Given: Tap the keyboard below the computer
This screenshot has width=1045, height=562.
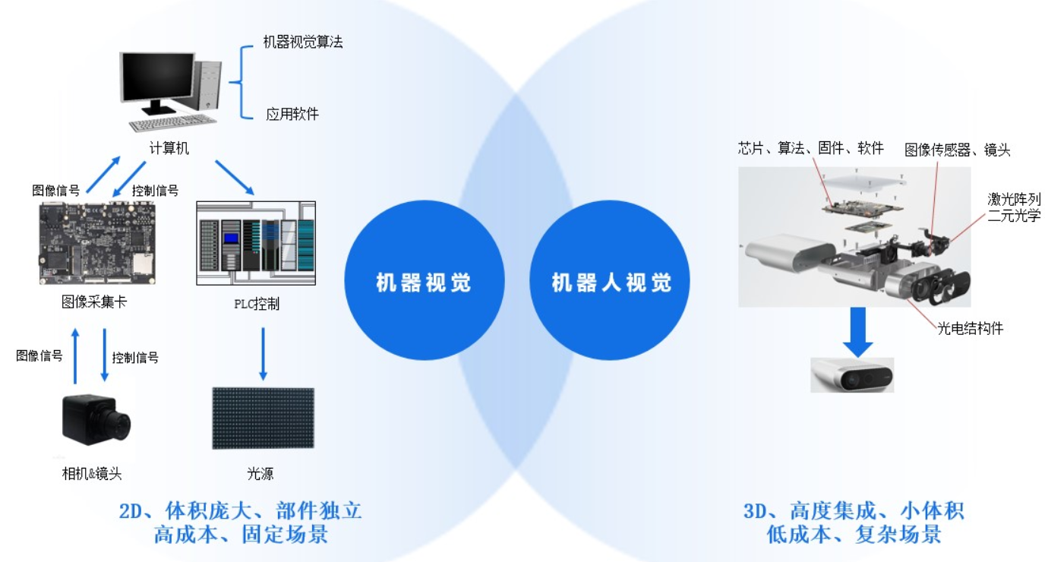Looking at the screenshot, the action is pyautogui.click(x=172, y=123).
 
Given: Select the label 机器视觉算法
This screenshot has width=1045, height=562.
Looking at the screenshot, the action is pyautogui.click(x=303, y=42).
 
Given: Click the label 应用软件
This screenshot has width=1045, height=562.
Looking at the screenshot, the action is pyautogui.click(x=292, y=114).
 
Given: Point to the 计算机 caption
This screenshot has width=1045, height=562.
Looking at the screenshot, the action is pyautogui.click(x=169, y=148).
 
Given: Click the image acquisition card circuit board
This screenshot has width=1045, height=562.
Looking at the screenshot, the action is pyautogui.click(x=97, y=243).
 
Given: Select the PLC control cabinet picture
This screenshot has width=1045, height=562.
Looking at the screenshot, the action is pyautogui.click(x=256, y=243).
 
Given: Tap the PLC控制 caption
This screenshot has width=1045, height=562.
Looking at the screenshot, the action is pyautogui.click(x=257, y=304).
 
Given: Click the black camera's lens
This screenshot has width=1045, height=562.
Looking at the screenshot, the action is pyautogui.click(x=122, y=425).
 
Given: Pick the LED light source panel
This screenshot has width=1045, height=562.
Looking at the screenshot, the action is pyautogui.click(x=263, y=418).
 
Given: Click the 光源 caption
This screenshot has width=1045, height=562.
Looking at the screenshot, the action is pyautogui.click(x=260, y=474).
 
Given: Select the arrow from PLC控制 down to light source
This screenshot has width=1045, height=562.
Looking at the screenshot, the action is pyautogui.click(x=263, y=353).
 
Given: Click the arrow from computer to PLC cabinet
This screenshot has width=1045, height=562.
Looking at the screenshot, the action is pyautogui.click(x=235, y=178).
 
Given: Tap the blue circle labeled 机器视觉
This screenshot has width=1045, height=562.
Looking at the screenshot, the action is pyautogui.click(x=424, y=280).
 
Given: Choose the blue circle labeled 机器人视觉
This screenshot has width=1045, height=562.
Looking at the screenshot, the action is pyautogui.click(x=610, y=280).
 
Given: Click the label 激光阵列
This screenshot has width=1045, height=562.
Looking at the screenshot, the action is pyautogui.click(x=1014, y=199).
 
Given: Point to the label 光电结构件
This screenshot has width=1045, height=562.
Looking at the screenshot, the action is pyautogui.click(x=970, y=329).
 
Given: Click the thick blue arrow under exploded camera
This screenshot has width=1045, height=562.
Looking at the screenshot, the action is pyautogui.click(x=857, y=332).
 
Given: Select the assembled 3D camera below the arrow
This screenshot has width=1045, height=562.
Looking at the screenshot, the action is pyautogui.click(x=852, y=375).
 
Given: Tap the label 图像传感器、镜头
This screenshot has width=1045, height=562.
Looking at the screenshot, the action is pyautogui.click(x=958, y=150).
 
